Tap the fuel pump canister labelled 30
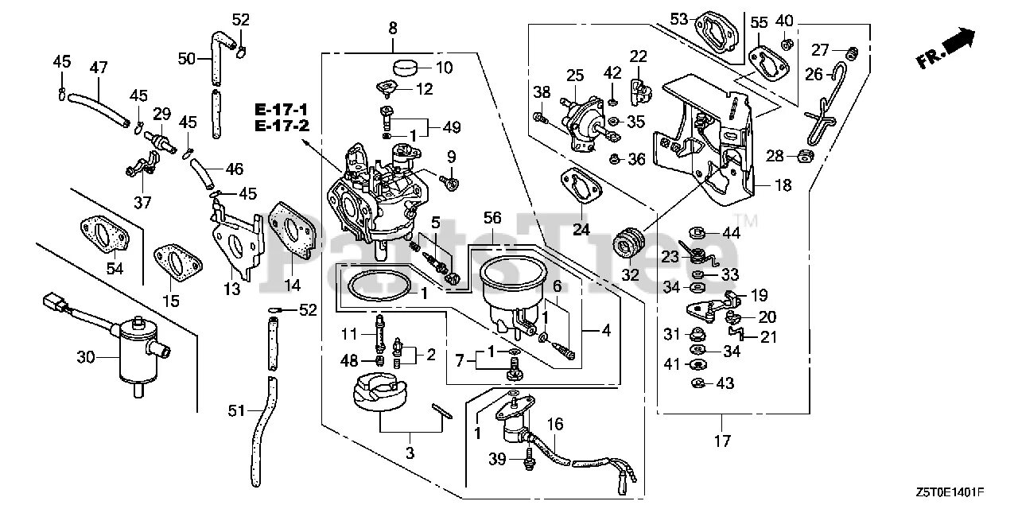tap(137, 354)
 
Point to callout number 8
tap(393, 29)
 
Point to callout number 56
tap(492, 216)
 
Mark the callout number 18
tap(783, 185)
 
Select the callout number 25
tap(576, 76)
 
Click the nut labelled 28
tap(803, 155)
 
